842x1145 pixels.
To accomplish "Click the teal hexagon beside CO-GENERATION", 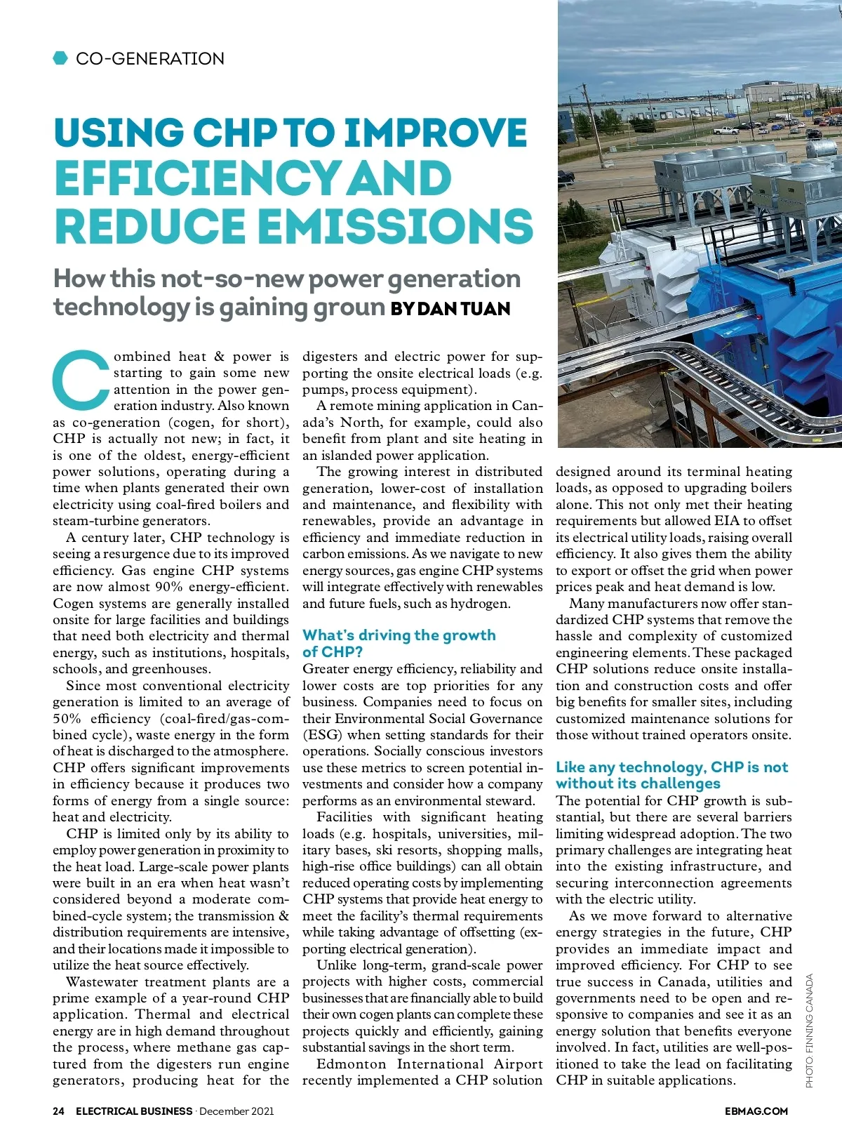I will (60, 58).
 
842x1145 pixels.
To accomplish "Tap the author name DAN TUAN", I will (463, 309).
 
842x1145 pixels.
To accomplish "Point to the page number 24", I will (58, 1111).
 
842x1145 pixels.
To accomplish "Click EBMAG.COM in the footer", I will (756, 1111).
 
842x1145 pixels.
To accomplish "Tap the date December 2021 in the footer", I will (236, 1111).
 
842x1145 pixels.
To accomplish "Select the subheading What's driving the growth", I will (399, 635).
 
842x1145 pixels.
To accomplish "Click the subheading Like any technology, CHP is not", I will (671, 767).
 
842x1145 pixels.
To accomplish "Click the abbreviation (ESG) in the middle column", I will (322, 735).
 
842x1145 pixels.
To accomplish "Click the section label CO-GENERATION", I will (150, 58).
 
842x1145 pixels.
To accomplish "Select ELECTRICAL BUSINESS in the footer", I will (134, 1111).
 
